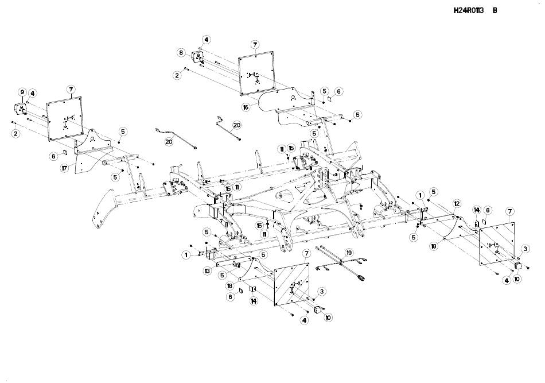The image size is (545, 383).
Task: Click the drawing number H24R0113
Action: click(x=469, y=10)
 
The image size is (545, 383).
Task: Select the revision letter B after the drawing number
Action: click(x=495, y=10)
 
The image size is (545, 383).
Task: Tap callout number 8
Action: click(x=181, y=53)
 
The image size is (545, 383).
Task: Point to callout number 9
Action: click(x=22, y=92)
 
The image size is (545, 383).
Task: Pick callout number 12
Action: click(x=457, y=203)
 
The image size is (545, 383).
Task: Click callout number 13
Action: click(x=206, y=270)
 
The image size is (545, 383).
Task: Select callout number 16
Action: click(x=246, y=107)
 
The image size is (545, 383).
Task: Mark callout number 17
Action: click(x=65, y=168)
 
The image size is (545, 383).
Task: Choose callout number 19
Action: click(x=349, y=253)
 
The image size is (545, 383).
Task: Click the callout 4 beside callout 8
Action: click(x=206, y=40)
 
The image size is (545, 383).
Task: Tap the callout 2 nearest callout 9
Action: click(x=15, y=133)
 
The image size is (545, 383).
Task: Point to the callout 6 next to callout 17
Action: click(x=53, y=156)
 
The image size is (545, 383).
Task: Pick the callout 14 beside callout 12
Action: click(x=476, y=210)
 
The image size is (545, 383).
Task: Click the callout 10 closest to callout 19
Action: click(x=329, y=317)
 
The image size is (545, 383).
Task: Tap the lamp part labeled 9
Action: click(x=20, y=109)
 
